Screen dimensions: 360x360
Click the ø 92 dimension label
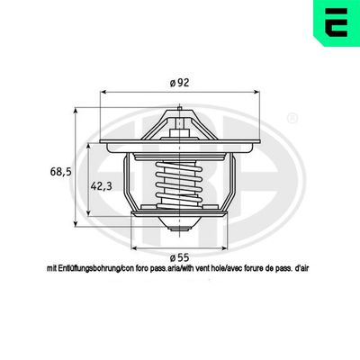pos(180,83)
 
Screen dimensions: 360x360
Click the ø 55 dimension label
pos(180,257)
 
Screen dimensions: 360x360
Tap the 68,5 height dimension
pos(60,172)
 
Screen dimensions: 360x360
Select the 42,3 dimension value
pos(101,186)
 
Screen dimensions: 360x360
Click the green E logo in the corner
pos(337,22)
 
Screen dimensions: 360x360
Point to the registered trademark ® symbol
pos(292,118)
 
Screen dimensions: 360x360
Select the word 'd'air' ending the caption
pos(301,268)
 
